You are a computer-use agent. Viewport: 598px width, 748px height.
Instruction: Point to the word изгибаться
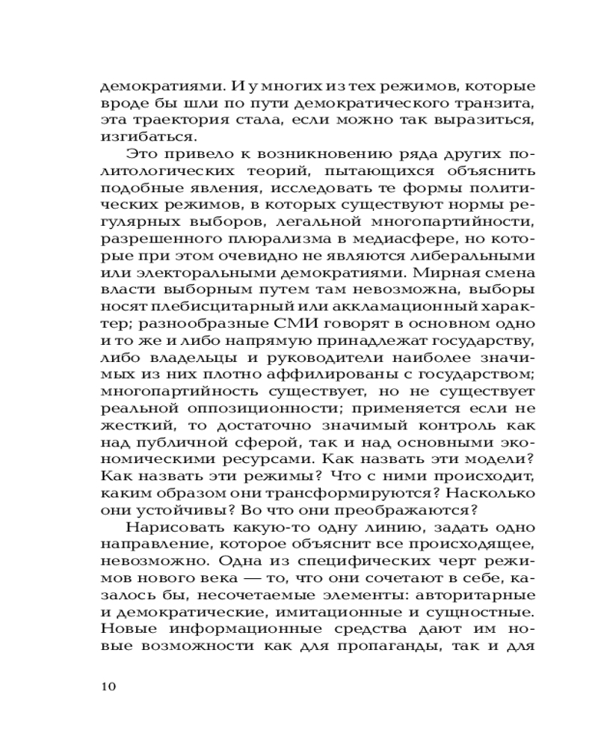pyautogui.click(x=138, y=138)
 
